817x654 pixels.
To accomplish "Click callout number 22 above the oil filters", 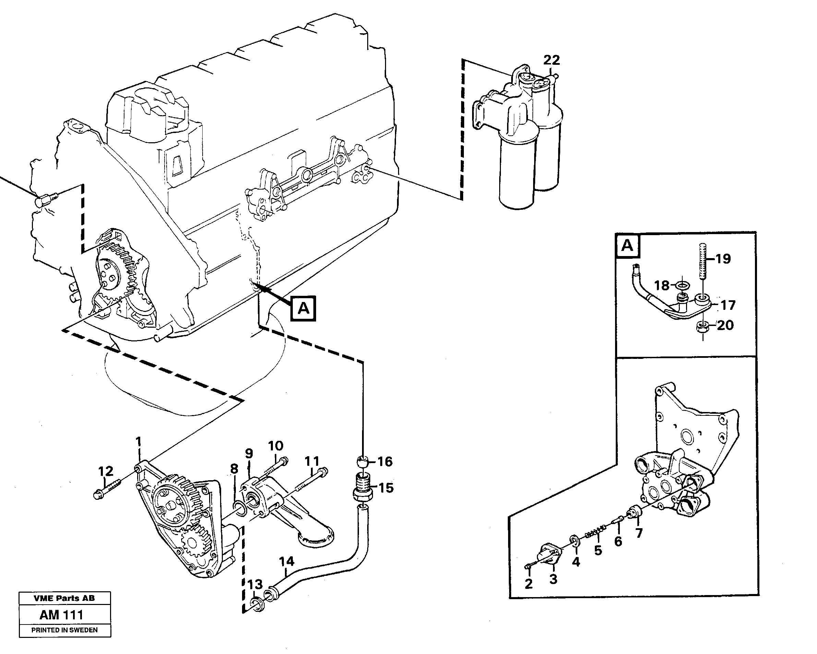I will (551, 60).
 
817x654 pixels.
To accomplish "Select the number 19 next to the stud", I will (723, 259).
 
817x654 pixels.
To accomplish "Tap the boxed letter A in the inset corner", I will (627, 245).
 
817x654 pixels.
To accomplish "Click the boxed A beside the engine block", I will (303, 308).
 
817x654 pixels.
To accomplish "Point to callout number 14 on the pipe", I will (287, 561).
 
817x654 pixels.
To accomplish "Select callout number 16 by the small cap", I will (385, 461).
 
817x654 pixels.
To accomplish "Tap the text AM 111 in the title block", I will (61, 615).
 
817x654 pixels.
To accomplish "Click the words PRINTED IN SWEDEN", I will (64, 630).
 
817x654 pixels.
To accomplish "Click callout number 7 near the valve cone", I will (639, 533).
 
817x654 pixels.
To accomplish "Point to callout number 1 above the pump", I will (138, 441).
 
